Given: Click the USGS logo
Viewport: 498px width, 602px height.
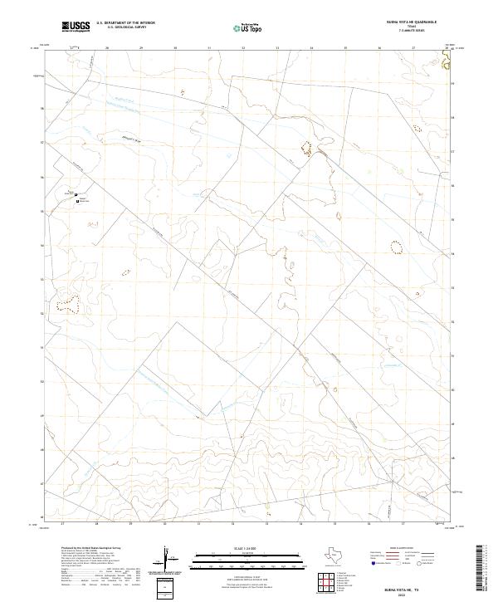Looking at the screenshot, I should pos(76,27).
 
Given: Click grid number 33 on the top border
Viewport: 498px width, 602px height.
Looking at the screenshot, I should pos(276,48).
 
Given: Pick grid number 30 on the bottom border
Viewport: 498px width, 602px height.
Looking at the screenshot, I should pos(166,524).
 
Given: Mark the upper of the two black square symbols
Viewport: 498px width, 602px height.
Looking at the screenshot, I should pos(80,192).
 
